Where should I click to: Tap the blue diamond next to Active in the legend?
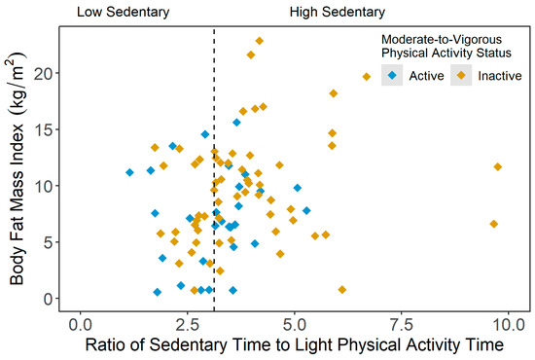click(391, 76)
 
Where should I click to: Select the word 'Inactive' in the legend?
click(498, 76)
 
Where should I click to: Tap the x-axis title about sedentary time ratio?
click(293, 344)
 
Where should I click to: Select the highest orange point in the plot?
click(260, 41)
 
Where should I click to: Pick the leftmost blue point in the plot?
click(129, 172)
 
